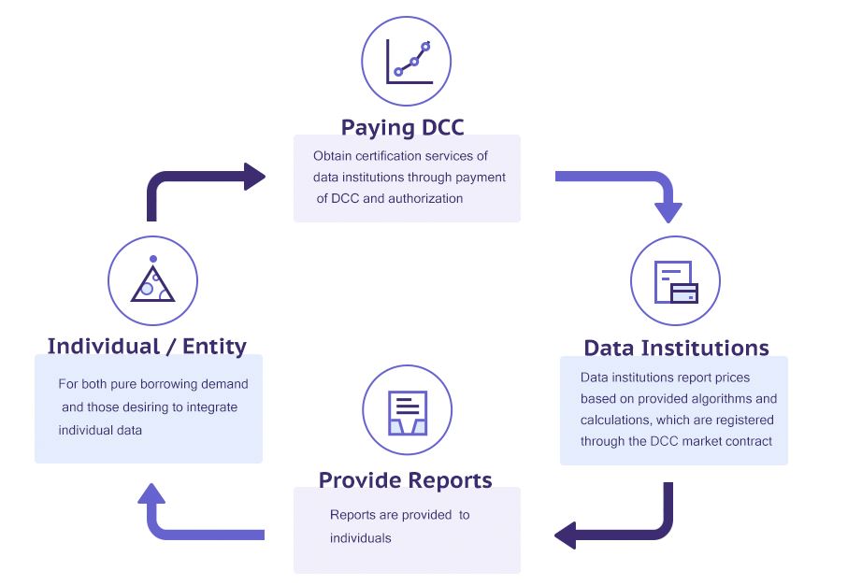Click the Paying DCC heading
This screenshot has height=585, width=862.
click(402, 127)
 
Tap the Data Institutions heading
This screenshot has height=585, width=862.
click(676, 348)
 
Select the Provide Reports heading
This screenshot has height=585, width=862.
click(405, 480)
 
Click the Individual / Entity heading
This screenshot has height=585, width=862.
click(147, 347)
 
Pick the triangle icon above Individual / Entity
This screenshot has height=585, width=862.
click(152, 283)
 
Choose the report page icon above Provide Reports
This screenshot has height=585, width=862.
click(408, 412)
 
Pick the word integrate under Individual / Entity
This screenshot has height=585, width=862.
click(211, 407)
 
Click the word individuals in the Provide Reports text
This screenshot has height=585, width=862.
click(361, 538)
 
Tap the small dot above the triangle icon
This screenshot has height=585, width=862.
click(152, 259)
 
